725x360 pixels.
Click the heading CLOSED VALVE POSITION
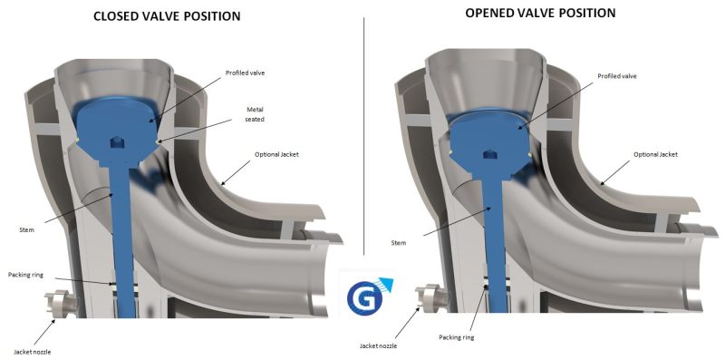click(167, 16)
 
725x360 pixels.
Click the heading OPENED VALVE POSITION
click(540, 13)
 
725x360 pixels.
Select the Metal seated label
click(255, 114)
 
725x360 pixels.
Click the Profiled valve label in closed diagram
click(245, 73)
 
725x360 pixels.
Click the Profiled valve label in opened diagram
click(617, 76)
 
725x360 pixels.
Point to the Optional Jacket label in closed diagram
click(276, 154)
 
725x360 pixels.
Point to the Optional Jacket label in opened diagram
click(655, 154)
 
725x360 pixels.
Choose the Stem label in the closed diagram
click(27, 229)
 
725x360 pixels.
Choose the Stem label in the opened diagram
click(398, 242)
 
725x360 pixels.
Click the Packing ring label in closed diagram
click(25, 275)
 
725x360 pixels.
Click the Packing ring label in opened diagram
click(457, 337)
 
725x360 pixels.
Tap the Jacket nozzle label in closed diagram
click(32, 352)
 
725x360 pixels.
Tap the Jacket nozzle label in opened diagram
click(378, 345)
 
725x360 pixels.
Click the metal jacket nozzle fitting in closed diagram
click(61, 304)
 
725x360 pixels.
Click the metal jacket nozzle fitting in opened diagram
click(430, 298)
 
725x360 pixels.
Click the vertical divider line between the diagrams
click(364, 136)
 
